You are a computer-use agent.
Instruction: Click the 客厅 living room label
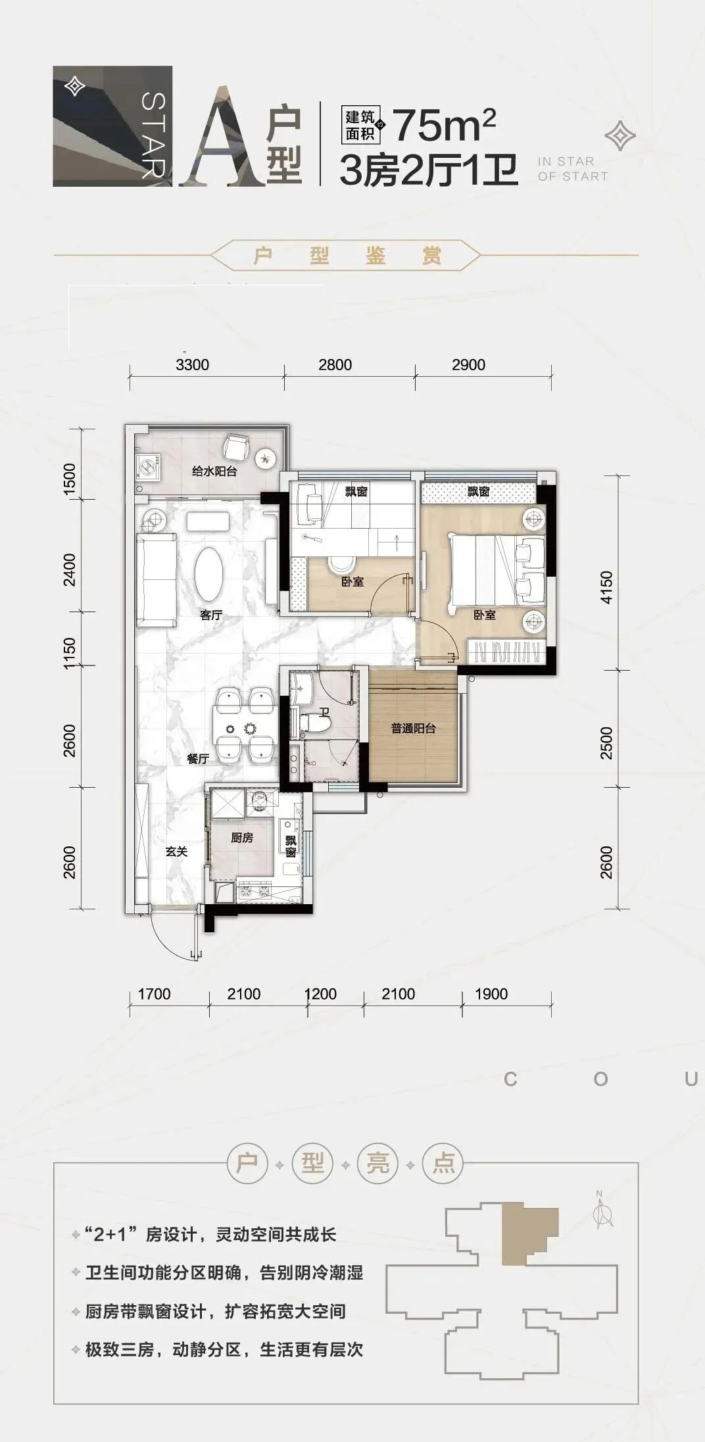point(210,615)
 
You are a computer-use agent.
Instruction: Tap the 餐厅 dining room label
point(197,759)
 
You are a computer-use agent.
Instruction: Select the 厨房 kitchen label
point(241,838)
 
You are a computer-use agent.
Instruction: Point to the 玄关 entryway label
point(176,852)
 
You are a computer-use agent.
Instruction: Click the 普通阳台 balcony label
point(413,729)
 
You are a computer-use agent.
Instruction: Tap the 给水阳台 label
point(214,471)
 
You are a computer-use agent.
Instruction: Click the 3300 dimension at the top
point(192,364)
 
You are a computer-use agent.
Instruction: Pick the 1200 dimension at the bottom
point(320,994)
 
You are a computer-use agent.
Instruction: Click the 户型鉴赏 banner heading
point(347,255)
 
